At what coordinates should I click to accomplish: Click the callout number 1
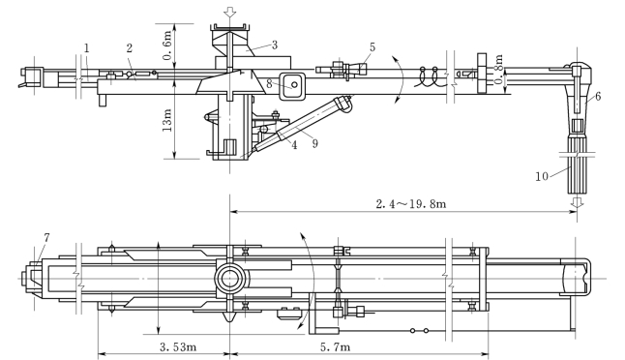87,48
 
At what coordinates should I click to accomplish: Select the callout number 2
129,48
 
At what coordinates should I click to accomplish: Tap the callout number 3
275,45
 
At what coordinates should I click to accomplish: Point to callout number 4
294,145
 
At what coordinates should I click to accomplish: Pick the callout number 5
372,47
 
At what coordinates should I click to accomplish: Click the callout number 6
598,96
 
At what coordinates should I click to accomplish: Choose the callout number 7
46,238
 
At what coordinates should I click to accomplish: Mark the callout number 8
270,84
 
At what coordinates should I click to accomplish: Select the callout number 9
314,143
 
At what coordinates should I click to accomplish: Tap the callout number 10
542,176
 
